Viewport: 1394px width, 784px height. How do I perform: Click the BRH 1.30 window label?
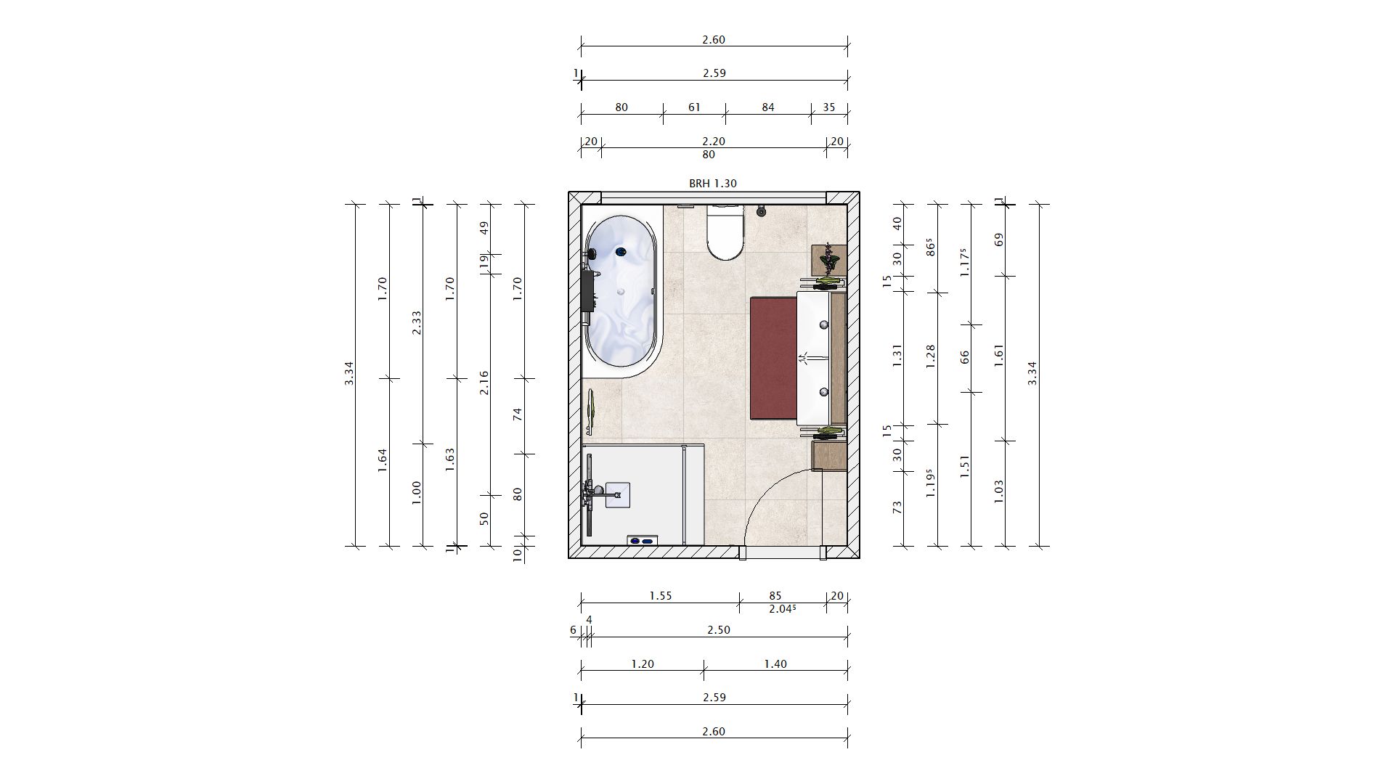(x=713, y=184)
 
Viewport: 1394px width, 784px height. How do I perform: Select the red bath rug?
(x=774, y=358)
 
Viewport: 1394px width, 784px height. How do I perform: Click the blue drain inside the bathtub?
(x=620, y=252)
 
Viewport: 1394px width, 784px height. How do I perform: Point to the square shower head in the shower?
(x=617, y=494)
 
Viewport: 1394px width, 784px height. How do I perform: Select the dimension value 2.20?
(x=714, y=142)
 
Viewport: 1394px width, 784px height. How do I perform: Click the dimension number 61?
(x=694, y=107)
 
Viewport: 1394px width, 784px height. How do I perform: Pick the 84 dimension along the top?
(x=768, y=107)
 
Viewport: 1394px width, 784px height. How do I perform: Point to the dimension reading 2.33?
(x=417, y=323)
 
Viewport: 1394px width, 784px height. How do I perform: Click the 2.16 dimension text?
(x=484, y=383)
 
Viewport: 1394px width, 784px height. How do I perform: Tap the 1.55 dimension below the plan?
(x=660, y=596)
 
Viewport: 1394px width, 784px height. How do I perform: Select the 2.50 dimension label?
(x=718, y=630)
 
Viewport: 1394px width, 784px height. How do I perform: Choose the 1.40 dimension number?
(x=775, y=663)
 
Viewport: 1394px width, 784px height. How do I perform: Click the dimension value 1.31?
(x=897, y=358)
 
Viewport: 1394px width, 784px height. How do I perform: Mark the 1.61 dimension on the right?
(x=999, y=358)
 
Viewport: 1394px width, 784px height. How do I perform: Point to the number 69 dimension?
(x=999, y=239)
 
